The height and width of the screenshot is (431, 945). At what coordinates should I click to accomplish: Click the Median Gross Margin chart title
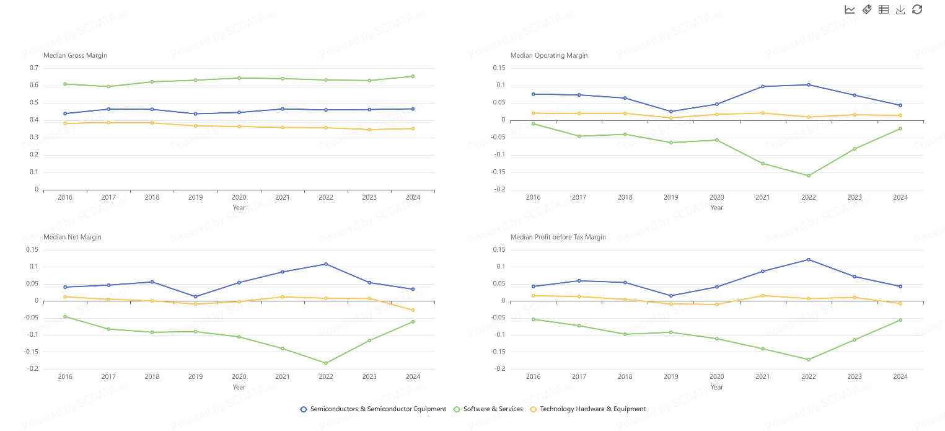click(x=75, y=55)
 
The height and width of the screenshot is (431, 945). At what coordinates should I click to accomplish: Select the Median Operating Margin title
click(x=548, y=55)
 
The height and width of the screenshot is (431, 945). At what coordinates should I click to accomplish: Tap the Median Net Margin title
click(x=73, y=237)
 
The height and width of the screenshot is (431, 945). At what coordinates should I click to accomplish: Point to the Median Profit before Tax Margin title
click(x=558, y=237)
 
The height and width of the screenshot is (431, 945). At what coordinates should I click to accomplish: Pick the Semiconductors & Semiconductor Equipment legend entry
click(x=373, y=409)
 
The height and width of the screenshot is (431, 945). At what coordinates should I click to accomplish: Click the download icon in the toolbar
click(x=900, y=9)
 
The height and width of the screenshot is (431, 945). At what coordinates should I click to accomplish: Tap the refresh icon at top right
click(x=917, y=9)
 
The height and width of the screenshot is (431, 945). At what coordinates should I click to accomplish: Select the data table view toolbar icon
click(x=884, y=9)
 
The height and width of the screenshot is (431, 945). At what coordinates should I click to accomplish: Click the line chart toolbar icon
click(x=850, y=9)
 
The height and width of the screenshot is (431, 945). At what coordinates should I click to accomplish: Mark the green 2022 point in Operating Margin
click(x=809, y=176)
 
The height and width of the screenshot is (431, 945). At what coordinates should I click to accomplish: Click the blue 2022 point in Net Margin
click(x=326, y=264)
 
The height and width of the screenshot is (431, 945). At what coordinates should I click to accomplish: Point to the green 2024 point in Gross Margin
click(x=413, y=76)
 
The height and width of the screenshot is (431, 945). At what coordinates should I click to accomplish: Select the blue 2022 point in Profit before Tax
click(x=809, y=259)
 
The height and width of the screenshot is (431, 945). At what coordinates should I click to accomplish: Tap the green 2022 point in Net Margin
click(x=326, y=363)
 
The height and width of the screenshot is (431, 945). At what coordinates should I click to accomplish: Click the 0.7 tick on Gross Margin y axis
click(x=33, y=68)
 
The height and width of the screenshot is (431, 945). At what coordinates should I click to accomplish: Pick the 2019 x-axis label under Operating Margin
click(x=671, y=197)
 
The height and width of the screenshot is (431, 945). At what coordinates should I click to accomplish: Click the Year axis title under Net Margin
click(x=239, y=387)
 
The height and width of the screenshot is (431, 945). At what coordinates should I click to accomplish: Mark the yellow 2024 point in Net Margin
click(x=413, y=310)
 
